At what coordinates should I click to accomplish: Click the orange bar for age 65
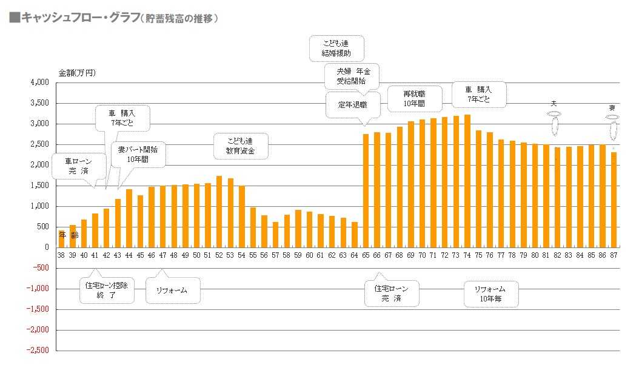366,190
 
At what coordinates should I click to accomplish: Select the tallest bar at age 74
467,181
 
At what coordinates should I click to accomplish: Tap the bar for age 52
219,212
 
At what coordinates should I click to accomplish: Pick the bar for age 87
614,200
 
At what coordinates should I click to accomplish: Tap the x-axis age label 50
196,255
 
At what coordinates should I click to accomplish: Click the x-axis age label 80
535,255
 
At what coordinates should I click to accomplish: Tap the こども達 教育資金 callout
240,144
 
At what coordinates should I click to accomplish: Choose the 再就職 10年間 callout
414,98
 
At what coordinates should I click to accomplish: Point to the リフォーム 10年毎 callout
492,293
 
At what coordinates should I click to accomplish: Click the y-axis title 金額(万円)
77,72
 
